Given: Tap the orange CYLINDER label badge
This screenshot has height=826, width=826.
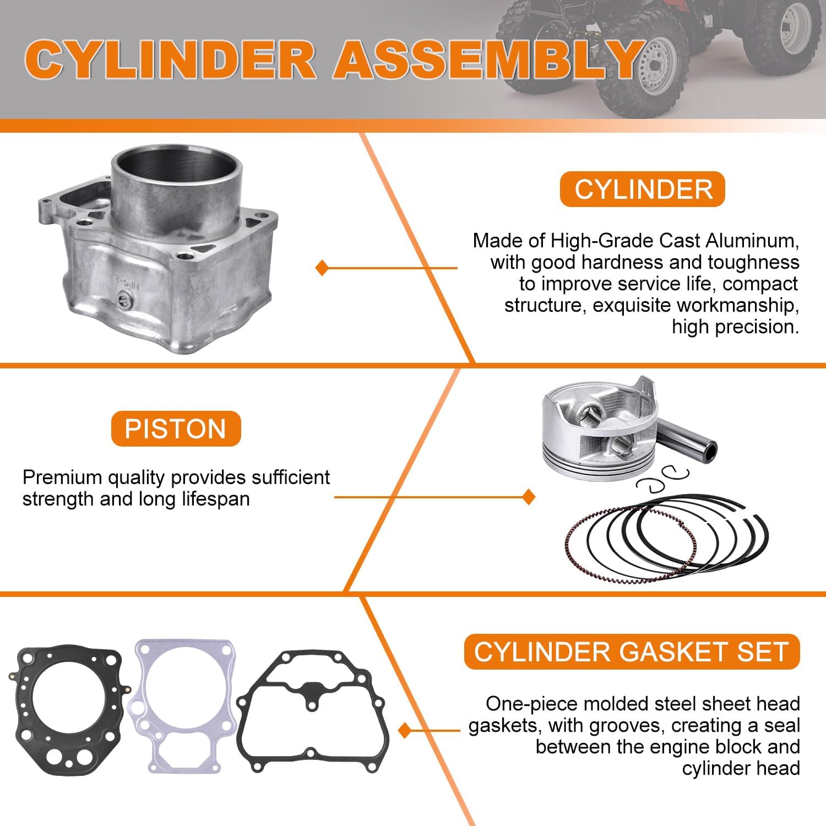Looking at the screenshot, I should point(642,189).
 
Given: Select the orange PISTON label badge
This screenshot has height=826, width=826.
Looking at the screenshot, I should point(176,429).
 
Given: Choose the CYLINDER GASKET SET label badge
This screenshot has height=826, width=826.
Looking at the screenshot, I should point(631,652).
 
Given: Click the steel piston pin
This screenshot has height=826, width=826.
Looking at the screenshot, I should point(688,441).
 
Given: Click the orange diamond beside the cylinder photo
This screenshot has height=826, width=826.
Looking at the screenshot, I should point(322,268).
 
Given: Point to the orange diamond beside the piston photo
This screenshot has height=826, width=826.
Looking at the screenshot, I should point(529,497).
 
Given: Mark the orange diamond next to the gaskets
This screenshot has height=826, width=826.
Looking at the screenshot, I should point(405,731).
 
